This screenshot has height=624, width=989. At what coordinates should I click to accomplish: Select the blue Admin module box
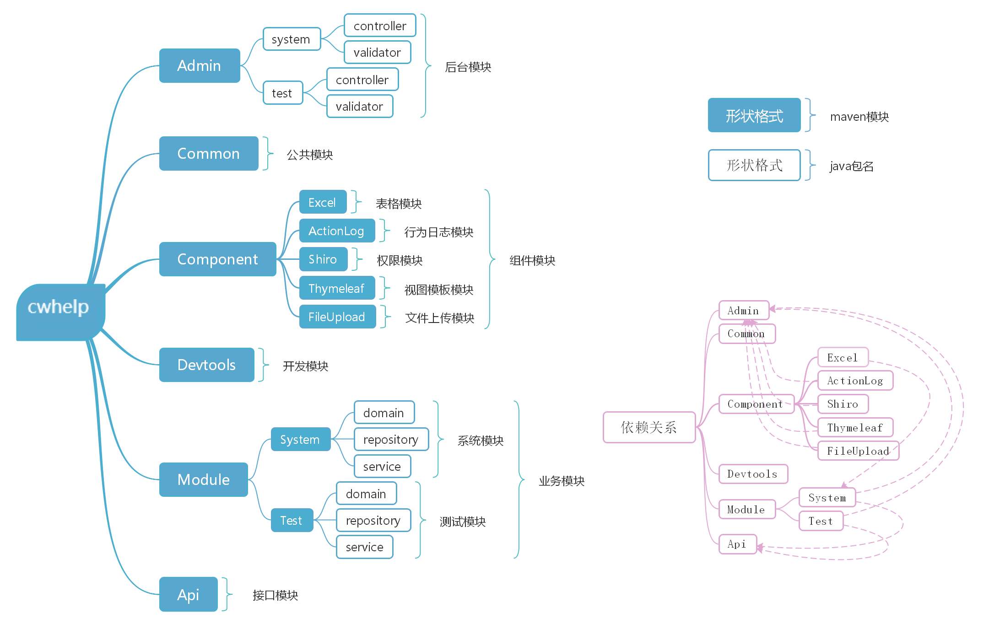[x=200, y=65]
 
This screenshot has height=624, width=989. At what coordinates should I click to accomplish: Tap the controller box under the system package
[x=380, y=26]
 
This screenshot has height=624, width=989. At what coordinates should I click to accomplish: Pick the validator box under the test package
[x=360, y=106]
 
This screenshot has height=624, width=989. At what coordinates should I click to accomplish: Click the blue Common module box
[x=209, y=153]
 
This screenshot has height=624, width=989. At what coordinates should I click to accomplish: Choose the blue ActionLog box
[x=337, y=231]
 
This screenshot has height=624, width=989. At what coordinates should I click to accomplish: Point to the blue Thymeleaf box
[x=337, y=288]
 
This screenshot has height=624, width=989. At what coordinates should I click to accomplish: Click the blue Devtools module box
[x=206, y=365]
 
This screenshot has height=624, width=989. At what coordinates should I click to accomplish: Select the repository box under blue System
[x=391, y=439]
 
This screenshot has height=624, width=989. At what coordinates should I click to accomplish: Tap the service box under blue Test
[x=365, y=547]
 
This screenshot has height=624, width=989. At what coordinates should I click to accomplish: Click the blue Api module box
[x=188, y=594]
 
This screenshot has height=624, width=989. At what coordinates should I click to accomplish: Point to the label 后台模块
[x=468, y=67]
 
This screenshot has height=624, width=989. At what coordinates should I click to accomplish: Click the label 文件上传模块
[x=440, y=318]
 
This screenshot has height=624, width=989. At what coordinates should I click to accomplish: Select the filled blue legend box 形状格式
[x=754, y=115]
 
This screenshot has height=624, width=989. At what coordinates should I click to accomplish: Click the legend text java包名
[x=852, y=166]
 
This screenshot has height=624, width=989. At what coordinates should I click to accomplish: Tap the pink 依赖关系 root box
[x=649, y=427]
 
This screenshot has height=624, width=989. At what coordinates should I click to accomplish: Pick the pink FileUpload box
[x=858, y=451]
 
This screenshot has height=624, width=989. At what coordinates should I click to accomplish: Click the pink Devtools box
[x=753, y=474]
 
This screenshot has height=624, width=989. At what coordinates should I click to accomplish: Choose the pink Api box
[x=738, y=544]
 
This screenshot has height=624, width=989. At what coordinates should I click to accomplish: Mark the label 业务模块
[x=562, y=481]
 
